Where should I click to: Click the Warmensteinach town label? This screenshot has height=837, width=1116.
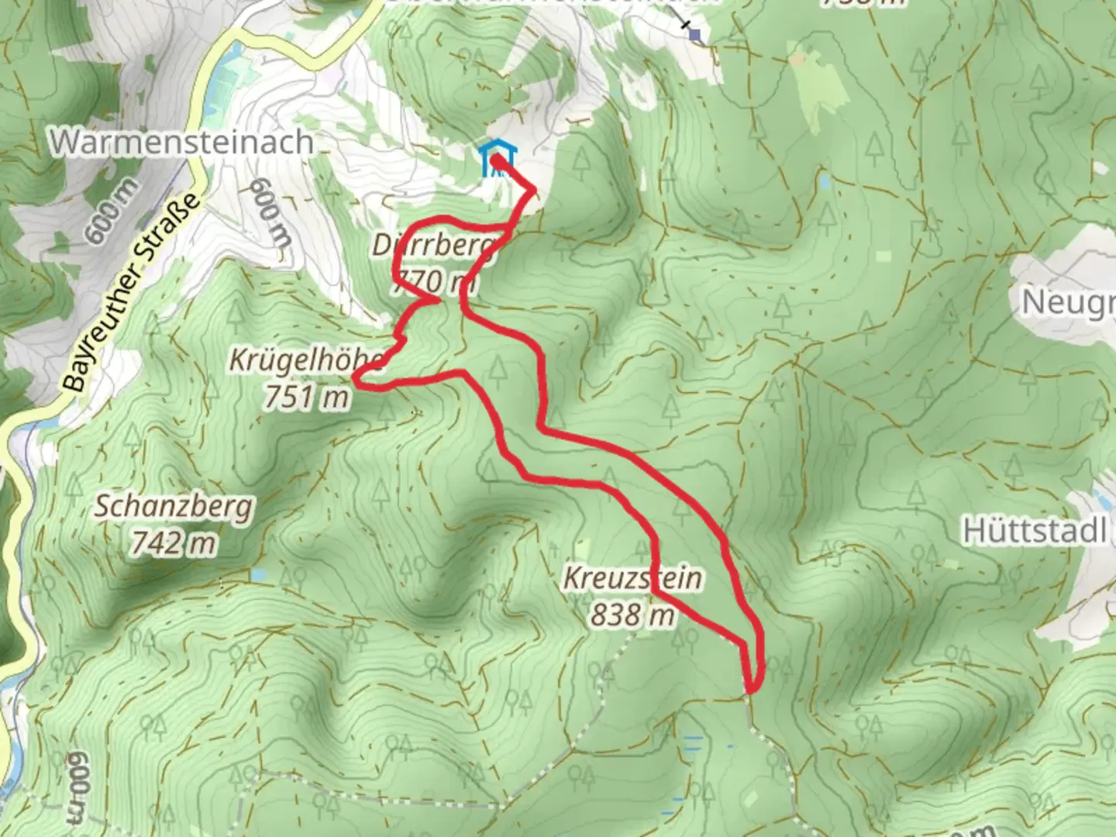[x=183, y=142]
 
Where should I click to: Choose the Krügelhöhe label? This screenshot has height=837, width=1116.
[x=305, y=360]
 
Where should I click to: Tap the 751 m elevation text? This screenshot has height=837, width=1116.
[x=306, y=397]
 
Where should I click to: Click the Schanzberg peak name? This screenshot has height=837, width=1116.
[x=174, y=507]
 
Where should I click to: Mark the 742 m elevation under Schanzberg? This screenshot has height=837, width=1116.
[x=173, y=543]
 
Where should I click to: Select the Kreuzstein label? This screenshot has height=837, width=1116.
[x=632, y=578]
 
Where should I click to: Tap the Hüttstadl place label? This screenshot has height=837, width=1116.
[x=1034, y=532]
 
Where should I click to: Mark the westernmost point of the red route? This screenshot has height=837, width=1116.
[x=356, y=379]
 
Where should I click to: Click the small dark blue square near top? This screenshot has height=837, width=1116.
[x=695, y=34]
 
